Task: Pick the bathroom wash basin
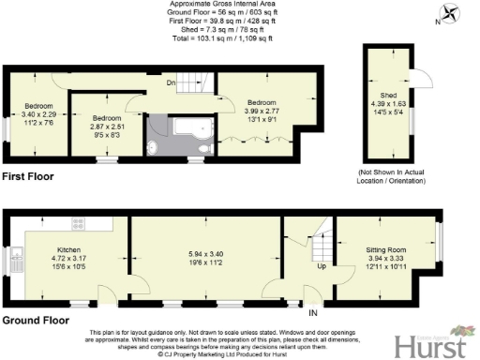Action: (x=153, y=146)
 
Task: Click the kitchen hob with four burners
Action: (x=78, y=225)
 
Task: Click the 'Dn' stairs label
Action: (x=172, y=83)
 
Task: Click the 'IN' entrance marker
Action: (x=313, y=312)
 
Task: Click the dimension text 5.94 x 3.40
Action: (x=205, y=253)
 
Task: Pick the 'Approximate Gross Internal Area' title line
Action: (x=221, y=6)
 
